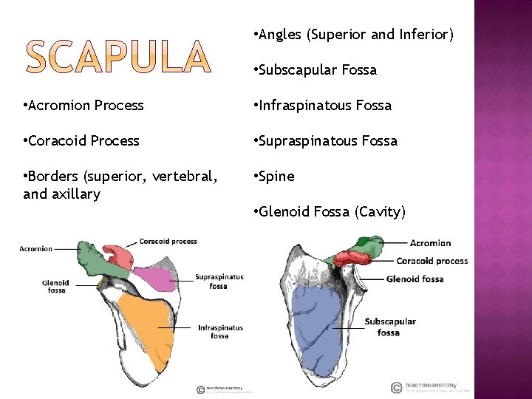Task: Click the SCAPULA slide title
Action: click(118, 58)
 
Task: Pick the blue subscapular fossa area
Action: click(310, 318)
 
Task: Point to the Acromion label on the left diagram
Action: click(36, 249)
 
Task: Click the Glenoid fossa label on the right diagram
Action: click(415, 279)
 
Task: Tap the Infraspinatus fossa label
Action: click(220, 332)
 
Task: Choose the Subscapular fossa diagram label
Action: click(390, 327)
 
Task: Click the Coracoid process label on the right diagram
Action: click(432, 261)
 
